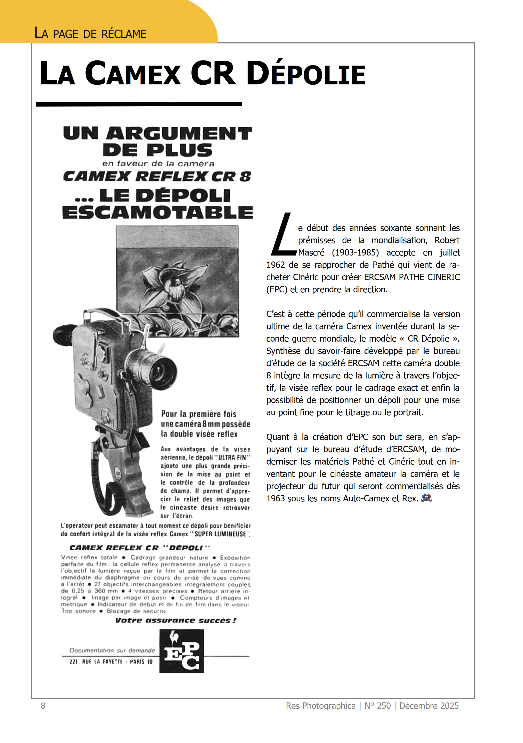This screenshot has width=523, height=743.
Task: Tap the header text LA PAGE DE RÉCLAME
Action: pos(90,34)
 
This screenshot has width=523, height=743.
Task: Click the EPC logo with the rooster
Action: pos(182,651)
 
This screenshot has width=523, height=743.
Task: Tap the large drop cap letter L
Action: pos(282,234)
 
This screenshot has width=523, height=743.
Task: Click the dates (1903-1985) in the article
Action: pos(355,253)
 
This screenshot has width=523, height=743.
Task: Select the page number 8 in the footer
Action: pos(43,706)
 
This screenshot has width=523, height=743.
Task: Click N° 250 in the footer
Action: pos(378,706)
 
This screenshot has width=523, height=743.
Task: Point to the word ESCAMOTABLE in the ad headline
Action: pos(158,213)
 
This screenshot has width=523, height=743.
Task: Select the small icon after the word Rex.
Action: pos(426,498)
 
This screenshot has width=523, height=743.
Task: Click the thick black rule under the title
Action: pos(139,104)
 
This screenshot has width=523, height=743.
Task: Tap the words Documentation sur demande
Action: pos(112,650)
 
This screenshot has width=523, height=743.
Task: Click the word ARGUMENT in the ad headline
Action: pos(179,134)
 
